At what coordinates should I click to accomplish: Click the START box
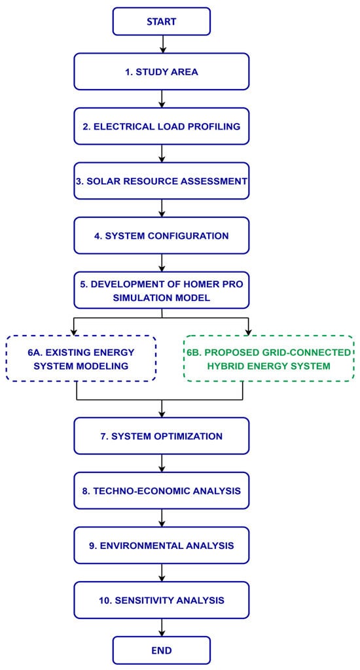[162, 22]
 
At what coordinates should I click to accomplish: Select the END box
[162, 650]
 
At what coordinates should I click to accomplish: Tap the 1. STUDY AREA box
[162, 72]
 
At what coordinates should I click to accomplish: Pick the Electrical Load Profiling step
[162, 126]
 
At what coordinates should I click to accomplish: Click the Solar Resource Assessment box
[162, 181]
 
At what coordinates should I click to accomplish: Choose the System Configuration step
[162, 236]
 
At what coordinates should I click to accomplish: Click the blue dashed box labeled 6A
[81, 359]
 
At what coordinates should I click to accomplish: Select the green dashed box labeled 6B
[269, 359]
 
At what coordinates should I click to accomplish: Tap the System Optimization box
[162, 436]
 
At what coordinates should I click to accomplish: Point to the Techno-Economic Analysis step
[162, 491]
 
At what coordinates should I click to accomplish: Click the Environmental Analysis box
[162, 545]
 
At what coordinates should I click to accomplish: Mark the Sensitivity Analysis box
[162, 600]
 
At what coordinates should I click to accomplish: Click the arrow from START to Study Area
[162, 44]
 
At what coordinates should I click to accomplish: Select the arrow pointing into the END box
[162, 627]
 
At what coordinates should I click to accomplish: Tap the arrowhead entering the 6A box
[74, 332]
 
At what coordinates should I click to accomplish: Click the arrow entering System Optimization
[162, 408]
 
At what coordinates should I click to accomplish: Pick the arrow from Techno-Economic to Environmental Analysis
[162, 518]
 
